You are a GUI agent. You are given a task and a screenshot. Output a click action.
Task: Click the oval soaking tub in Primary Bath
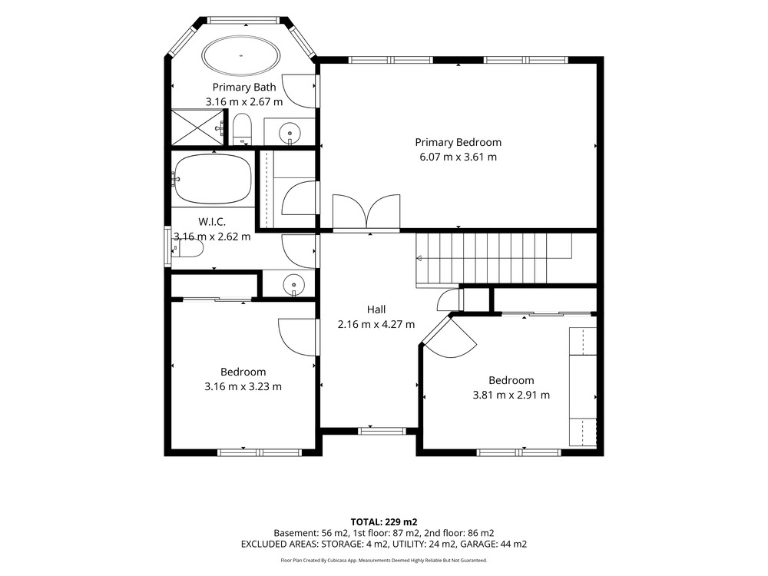[241, 55]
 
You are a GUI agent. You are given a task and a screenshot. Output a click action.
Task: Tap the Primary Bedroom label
[458, 143]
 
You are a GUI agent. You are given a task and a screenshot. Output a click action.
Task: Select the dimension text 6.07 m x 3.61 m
[458, 157]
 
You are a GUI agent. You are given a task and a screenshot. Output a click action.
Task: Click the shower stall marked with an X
[197, 127]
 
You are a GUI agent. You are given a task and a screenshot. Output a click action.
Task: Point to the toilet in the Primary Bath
[241, 129]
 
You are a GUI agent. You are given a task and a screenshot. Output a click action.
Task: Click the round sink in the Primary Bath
[290, 133]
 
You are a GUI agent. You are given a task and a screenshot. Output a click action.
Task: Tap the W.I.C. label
[212, 222]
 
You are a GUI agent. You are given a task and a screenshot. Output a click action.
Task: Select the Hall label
[376, 310]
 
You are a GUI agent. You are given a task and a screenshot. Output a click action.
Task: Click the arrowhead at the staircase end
[419, 259]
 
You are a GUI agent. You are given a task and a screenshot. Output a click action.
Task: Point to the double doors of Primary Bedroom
[366, 212]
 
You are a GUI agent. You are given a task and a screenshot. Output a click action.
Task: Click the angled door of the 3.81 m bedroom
[449, 338]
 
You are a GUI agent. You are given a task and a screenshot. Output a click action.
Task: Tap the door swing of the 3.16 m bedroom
[296, 337]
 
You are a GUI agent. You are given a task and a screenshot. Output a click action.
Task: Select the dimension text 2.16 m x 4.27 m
[376, 324]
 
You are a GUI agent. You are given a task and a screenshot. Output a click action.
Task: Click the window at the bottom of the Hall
[382, 431]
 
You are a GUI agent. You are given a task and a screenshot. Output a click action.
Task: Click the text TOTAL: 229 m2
[384, 522]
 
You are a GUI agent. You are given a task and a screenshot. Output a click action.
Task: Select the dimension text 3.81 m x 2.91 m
[511, 396]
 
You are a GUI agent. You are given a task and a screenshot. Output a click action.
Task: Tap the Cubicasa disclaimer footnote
[383, 561]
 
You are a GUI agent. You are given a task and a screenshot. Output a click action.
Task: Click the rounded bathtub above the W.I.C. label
[213, 179]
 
